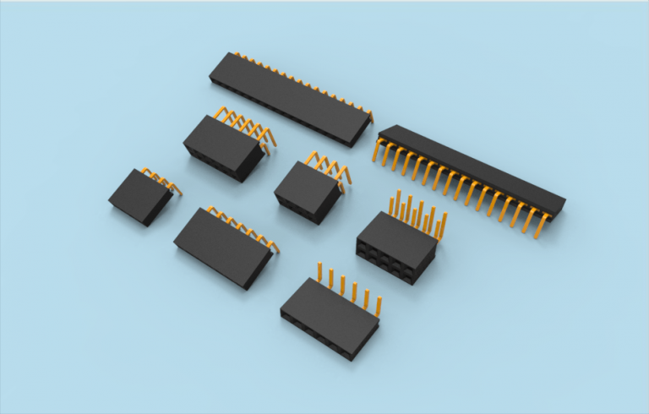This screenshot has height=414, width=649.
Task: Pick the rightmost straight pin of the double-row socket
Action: (443, 223)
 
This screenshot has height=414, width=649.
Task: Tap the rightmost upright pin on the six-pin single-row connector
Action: (379, 304)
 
